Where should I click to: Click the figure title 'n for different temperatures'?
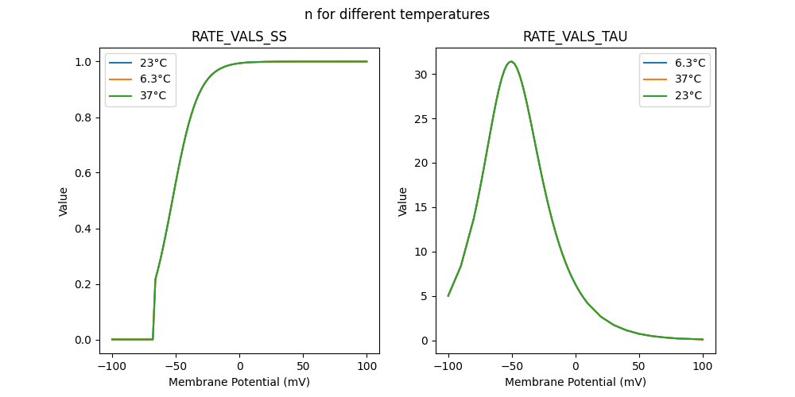pos(397,14)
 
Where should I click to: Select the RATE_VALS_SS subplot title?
pos(239,37)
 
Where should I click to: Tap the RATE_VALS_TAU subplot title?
pos(576,37)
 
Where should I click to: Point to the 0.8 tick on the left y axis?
pos(86,118)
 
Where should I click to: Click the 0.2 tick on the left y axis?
pos(86,284)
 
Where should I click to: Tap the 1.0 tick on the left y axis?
pos(86,62)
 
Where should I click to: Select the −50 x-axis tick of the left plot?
pos(176,367)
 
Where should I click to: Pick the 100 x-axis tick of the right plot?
pos(703,367)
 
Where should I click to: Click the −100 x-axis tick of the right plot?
pos(448,367)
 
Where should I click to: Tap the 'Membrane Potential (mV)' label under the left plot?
pos(239,382)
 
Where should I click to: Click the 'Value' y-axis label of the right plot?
pos(403,202)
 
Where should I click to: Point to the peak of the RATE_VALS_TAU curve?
pos(511,62)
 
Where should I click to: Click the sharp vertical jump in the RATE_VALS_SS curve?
pos(154,310)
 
